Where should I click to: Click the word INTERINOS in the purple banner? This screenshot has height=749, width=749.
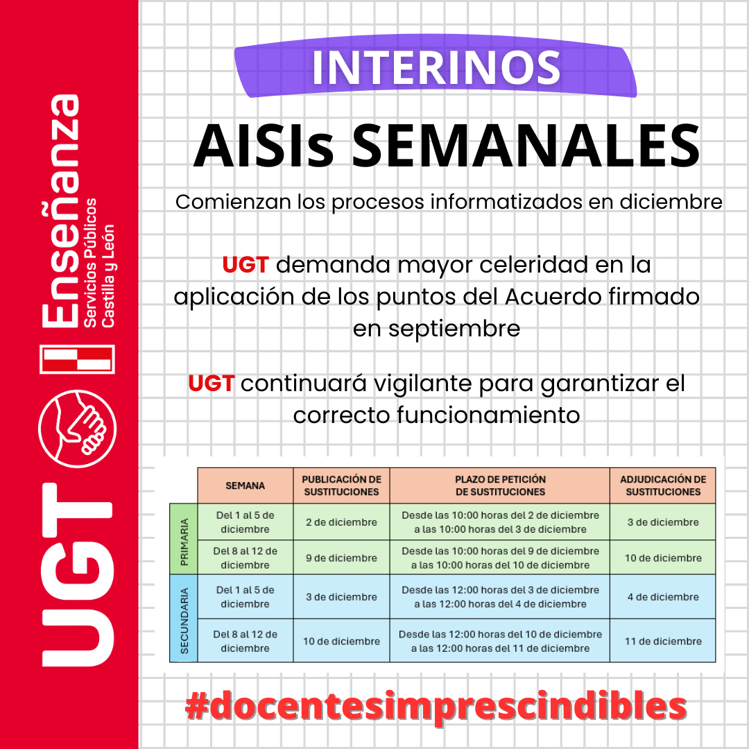click(436, 67)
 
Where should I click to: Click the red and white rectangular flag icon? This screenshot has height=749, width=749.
click(77, 359)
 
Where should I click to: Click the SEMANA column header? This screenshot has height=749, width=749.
click(246, 485)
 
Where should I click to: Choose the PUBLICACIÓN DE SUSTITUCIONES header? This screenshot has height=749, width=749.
click(341, 485)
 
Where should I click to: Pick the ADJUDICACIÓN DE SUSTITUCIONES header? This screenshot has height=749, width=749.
click(663, 485)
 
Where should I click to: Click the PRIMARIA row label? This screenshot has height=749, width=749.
click(184, 539)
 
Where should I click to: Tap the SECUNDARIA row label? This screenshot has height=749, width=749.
click(184, 618)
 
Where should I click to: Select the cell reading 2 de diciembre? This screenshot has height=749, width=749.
click(341, 522)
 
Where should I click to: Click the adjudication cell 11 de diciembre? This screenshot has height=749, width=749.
click(663, 641)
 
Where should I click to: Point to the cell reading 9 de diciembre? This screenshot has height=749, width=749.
click(341, 558)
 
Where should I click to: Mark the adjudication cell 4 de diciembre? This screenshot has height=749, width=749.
click(663, 596)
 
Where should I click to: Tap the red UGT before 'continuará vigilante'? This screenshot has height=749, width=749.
click(211, 383)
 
